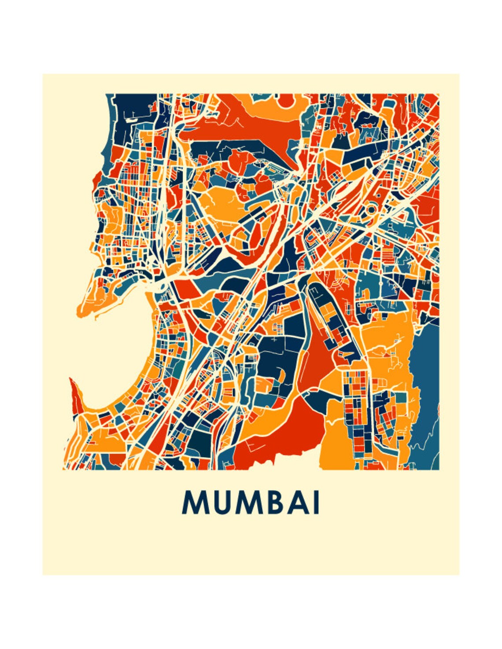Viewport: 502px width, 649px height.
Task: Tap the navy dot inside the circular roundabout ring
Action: [x=370, y=210]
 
